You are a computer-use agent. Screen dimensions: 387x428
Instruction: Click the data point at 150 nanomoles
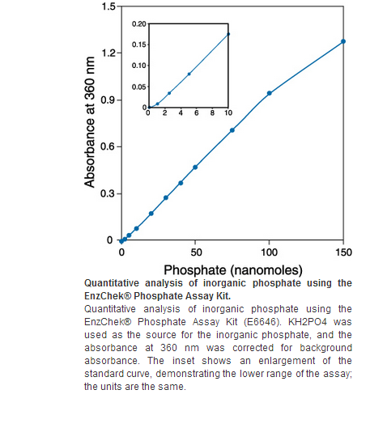tap(343, 41)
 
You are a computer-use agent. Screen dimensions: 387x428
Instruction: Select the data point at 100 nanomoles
tap(270, 93)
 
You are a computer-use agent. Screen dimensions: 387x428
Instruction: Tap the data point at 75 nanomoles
tap(232, 130)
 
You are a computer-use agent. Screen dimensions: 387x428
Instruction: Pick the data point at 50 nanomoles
tap(195, 167)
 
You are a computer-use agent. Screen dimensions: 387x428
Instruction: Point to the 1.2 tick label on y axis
tap(108, 53)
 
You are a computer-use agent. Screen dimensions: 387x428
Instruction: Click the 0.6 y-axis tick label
tap(108, 146)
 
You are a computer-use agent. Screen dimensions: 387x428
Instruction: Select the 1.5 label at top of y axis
tap(108, 6)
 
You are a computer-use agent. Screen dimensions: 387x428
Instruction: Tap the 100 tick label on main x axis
tap(270, 252)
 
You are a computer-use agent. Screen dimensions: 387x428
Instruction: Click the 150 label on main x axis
tap(343, 252)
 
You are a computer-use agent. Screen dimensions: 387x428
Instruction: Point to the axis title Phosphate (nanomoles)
tap(233, 270)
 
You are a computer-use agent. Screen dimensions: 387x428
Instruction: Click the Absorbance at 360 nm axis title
tap(90, 122)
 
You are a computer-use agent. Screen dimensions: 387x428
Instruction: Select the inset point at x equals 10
tap(228, 34)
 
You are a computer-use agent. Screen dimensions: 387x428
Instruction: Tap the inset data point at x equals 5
tap(189, 74)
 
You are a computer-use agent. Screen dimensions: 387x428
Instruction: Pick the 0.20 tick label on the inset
tap(139, 24)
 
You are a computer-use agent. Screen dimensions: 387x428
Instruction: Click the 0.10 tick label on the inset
tap(139, 66)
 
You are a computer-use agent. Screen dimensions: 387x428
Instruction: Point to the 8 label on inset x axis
tap(212, 113)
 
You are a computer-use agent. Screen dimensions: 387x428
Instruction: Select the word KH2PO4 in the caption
tap(307, 322)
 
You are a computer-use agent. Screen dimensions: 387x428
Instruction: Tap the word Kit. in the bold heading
tap(223, 296)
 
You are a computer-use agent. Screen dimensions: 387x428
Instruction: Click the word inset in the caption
tap(183, 361)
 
